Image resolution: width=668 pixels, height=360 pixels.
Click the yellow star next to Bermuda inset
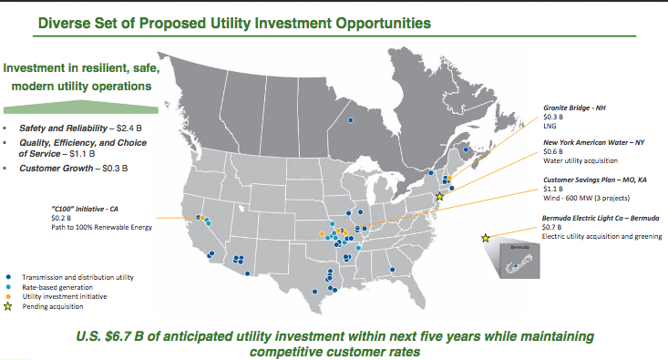[485, 238]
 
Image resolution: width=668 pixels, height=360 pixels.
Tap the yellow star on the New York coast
[439, 196]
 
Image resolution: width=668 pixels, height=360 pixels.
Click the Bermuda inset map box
[519, 261]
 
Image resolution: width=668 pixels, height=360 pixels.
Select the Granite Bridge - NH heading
[574, 108]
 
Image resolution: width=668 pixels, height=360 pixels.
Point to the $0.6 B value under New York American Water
[553, 151]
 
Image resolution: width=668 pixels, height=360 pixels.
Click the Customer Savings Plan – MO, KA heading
[595, 180]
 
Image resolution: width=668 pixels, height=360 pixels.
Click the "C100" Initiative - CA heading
[85, 209]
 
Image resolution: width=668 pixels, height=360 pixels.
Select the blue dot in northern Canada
[351, 120]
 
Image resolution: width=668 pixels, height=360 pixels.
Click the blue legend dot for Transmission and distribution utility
[8, 277]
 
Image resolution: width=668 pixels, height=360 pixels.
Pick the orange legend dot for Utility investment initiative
[8, 296]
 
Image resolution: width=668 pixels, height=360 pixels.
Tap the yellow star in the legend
[7, 306]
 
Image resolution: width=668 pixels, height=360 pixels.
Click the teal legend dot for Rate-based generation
[8, 287]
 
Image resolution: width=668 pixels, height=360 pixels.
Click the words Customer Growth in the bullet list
[56, 169]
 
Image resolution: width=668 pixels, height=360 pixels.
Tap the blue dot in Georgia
[393, 270]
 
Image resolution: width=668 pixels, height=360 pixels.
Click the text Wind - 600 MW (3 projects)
[586, 198]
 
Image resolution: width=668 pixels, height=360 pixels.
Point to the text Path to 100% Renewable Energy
[101, 227]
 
